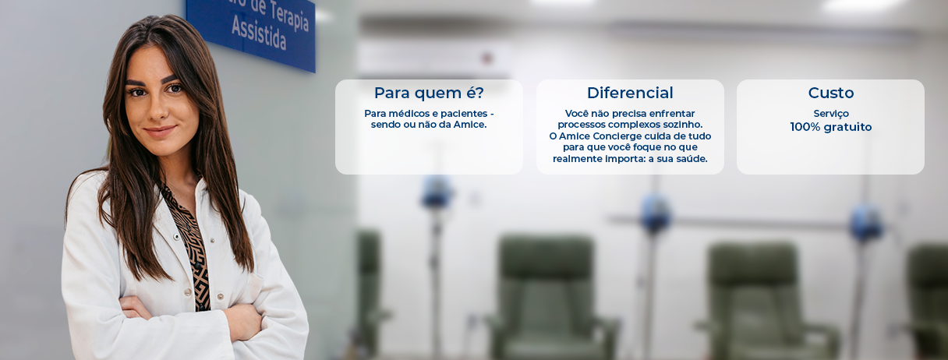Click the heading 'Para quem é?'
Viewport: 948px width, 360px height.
[x=429, y=93]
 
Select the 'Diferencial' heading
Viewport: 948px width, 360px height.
[x=630, y=93]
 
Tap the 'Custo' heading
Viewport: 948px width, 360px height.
[x=831, y=93]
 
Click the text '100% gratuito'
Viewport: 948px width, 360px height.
[x=831, y=127]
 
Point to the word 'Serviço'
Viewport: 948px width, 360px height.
[x=831, y=114]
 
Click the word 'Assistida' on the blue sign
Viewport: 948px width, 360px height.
[x=259, y=33]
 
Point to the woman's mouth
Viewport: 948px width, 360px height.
[x=159, y=131]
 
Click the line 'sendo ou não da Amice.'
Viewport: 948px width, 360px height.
[x=429, y=125]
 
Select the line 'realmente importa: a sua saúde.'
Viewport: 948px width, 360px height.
[x=630, y=159]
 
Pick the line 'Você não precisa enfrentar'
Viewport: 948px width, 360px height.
[x=630, y=113]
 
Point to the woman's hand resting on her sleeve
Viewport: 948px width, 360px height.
[x=243, y=322]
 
